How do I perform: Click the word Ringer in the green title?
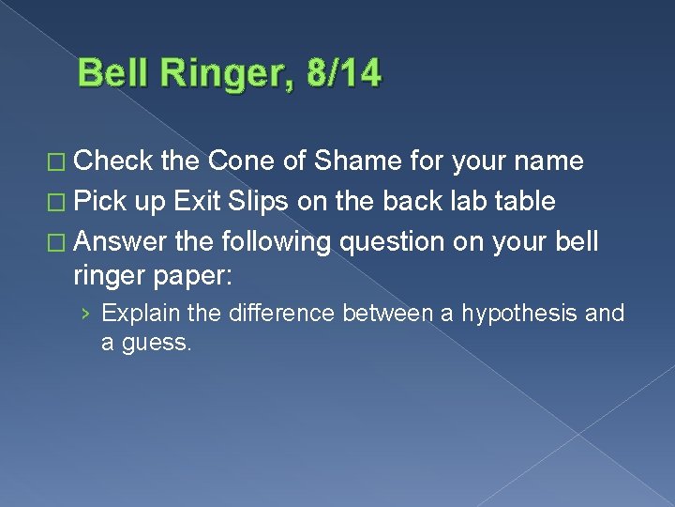point(223,73)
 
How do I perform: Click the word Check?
point(113,161)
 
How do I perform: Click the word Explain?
point(137,313)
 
